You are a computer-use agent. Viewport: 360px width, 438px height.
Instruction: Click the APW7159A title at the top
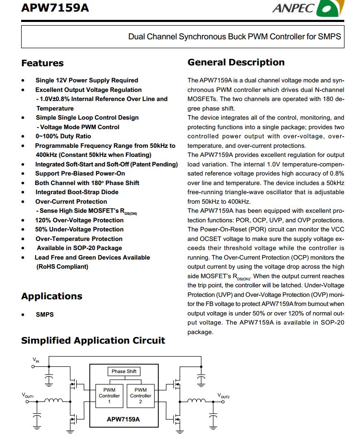coord(55,7)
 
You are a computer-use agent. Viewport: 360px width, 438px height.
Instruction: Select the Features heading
coord(42,63)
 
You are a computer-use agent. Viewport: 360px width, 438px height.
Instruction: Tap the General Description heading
coord(236,63)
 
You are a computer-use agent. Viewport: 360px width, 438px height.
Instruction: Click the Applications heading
coord(52,296)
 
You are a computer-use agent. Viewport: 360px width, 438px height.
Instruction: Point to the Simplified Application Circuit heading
coord(93,341)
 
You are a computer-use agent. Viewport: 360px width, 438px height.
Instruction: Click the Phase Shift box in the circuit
coord(124,371)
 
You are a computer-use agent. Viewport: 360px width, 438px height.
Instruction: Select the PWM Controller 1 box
coord(109,396)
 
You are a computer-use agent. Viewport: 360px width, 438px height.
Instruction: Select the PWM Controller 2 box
coord(140,396)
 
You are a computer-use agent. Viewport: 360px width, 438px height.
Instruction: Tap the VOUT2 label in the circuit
coord(223,396)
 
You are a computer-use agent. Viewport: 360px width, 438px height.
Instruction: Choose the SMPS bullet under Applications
coord(45,315)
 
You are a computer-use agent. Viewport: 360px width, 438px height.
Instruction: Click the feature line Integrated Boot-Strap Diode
coord(77,192)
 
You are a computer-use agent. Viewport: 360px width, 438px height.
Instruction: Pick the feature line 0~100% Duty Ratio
coord(63,136)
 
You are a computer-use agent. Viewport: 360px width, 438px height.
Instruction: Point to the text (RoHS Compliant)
coord(62,267)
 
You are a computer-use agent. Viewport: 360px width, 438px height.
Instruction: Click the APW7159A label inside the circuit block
coord(123,419)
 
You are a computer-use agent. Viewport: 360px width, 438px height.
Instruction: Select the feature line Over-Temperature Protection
coord(79,239)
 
